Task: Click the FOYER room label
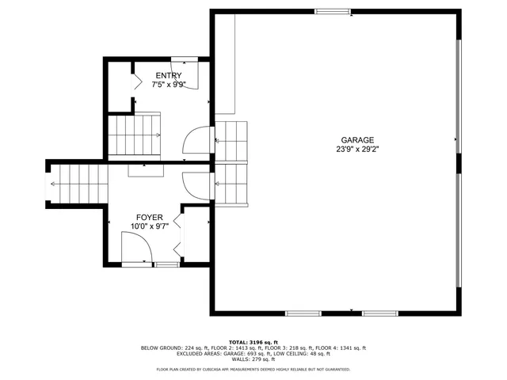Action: (x=149, y=217)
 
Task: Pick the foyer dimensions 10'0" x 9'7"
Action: (x=149, y=226)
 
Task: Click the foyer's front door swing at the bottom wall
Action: (x=138, y=253)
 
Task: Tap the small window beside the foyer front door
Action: (x=166, y=264)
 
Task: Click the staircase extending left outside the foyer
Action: (x=77, y=184)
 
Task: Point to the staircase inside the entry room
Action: (x=134, y=135)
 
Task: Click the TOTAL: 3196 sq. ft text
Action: (x=253, y=341)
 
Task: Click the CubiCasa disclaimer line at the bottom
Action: (x=253, y=369)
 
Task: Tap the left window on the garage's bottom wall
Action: (x=303, y=313)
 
